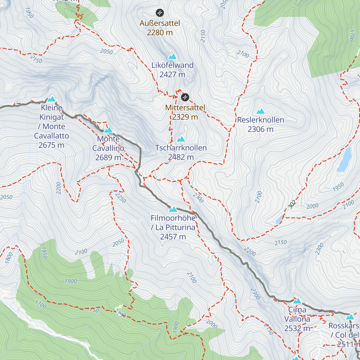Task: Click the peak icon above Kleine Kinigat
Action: [52, 99]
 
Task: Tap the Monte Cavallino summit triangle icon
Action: [108, 130]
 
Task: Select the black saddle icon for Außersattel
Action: [160, 13]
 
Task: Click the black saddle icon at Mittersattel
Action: [185, 97]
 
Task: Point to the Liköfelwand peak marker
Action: [172, 56]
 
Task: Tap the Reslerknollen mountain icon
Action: [260, 111]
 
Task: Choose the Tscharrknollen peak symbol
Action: [181, 139]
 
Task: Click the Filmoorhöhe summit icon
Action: [173, 209]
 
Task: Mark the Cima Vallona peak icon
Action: [297, 301]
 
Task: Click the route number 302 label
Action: [292, 204]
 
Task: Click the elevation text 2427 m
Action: [172, 74]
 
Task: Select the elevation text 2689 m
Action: [108, 157]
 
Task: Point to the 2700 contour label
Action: [259, 197]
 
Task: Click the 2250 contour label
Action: [120, 197]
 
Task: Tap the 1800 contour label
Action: [9, 258]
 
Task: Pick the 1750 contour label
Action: [93, 310]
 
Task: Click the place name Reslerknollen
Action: [260, 120]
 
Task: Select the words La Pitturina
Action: [175, 227]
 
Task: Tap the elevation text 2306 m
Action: [260, 129]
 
